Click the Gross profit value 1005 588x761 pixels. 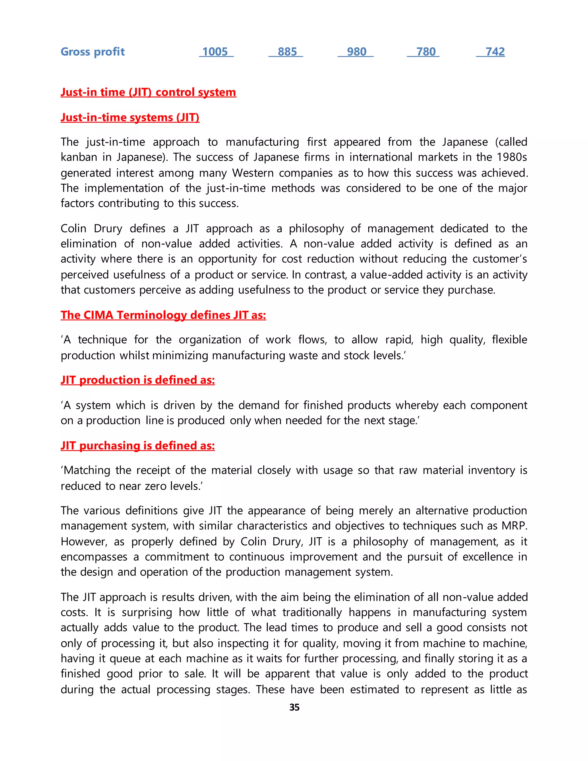click(x=215, y=52)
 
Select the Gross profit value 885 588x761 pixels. click(x=287, y=52)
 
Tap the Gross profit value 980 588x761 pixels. click(x=356, y=52)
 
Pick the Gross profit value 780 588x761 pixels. click(x=426, y=52)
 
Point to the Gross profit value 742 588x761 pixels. click(x=495, y=52)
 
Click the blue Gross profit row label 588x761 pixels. click(x=92, y=52)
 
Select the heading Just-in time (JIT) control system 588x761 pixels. click(x=148, y=92)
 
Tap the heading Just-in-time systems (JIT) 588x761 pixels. click(x=130, y=117)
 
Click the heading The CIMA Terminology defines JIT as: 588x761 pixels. click(x=163, y=315)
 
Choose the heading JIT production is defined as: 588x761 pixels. click(x=138, y=380)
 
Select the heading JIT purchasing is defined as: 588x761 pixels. click(x=138, y=446)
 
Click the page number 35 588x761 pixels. click(x=294, y=707)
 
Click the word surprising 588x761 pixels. click(x=147, y=613)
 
